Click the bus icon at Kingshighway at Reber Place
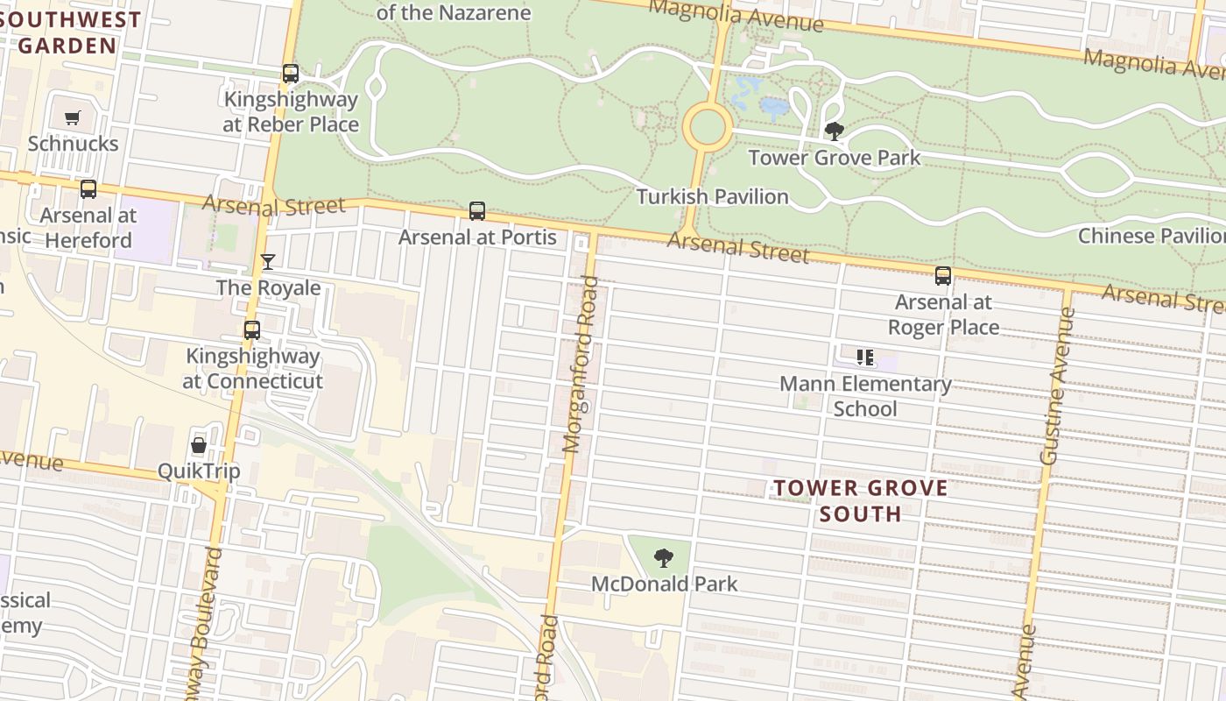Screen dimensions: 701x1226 [x=291, y=74]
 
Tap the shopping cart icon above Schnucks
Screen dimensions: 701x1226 [x=73, y=117]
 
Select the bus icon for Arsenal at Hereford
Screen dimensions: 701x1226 [x=88, y=189]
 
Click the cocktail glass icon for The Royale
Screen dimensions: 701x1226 [x=268, y=262]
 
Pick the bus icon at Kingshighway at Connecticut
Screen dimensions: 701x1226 [x=252, y=330]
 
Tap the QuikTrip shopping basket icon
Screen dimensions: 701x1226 [x=199, y=445]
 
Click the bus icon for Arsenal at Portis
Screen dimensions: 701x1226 [x=477, y=211]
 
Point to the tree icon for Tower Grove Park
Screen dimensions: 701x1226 [x=835, y=131]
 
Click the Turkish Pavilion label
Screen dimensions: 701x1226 [x=712, y=196]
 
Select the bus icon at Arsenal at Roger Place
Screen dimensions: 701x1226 [x=943, y=276]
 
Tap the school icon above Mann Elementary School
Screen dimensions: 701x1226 [x=865, y=358]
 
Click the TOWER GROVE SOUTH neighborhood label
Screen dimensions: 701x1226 [x=860, y=500]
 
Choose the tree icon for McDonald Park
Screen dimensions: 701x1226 [x=664, y=557]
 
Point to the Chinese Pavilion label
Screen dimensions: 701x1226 [x=1151, y=236]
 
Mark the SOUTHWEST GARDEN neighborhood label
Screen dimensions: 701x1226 [x=68, y=32]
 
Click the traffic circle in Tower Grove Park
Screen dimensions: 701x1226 [x=706, y=128]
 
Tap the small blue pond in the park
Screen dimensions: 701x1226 [x=774, y=108]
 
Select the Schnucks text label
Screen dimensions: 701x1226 [x=73, y=143]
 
